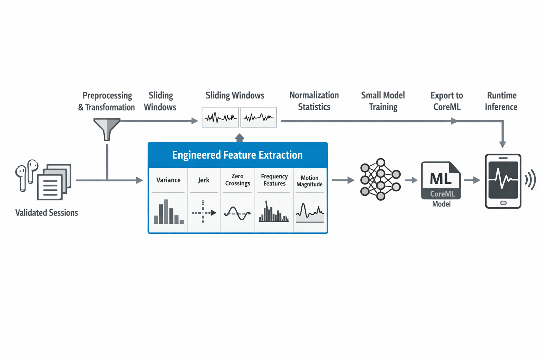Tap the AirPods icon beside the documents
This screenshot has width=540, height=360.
pos(26,174)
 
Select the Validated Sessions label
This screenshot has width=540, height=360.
pos(46,213)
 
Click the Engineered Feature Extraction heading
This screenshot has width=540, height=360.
pos(237,155)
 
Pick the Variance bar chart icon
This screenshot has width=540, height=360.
pos(168,212)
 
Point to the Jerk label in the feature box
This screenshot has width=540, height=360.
pos(204,180)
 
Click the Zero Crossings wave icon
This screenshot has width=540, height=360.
pos(237,213)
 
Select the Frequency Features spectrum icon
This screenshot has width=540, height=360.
pos(274,212)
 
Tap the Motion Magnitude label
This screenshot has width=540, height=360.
pos(309,181)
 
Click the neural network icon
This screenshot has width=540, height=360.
pos(380,179)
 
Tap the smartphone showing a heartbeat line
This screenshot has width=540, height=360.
pos(503,181)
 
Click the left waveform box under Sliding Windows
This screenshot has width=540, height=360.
pos(220,117)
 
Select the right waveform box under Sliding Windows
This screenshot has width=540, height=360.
pos(259,117)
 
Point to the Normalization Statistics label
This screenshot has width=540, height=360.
pos(314,101)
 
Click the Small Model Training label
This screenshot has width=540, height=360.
pos(383,101)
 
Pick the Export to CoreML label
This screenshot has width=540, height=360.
pos(446,101)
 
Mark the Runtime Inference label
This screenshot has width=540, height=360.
pos(501,101)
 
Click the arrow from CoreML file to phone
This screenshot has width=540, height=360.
pos(472,180)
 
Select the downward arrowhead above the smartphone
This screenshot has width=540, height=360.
pos(503,144)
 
